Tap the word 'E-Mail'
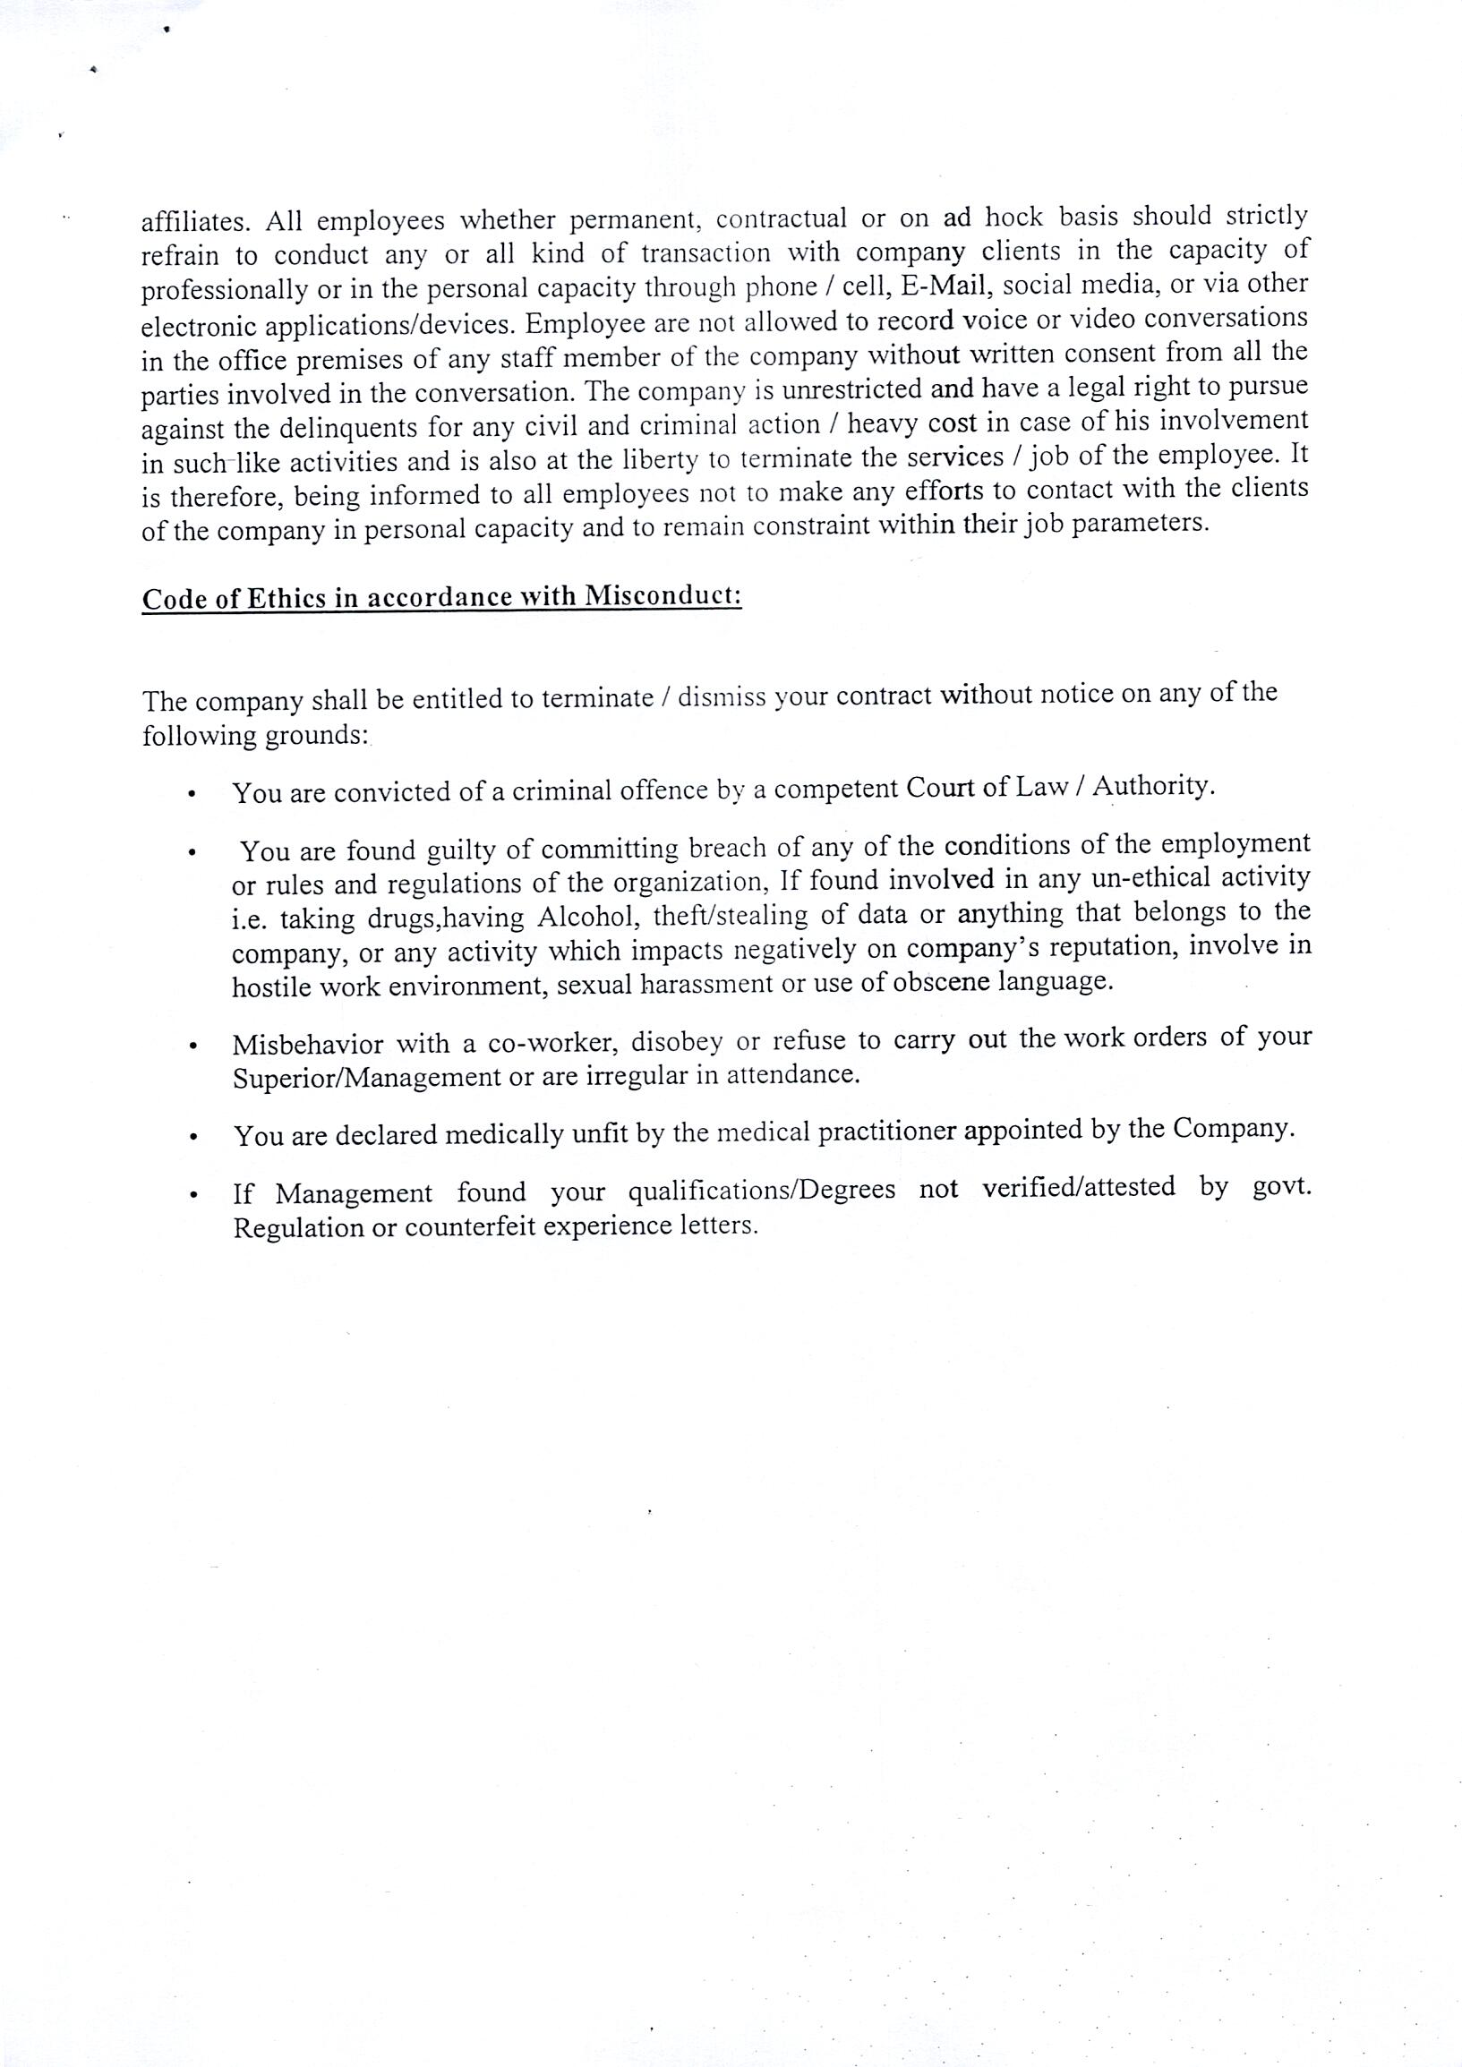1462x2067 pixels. tap(945, 286)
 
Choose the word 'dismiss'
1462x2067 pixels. tap(722, 697)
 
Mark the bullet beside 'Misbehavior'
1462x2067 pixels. tap(192, 1047)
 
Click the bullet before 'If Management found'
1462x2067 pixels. tap(192, 1197)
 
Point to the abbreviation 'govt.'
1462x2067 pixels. tap(1282, 1187)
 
